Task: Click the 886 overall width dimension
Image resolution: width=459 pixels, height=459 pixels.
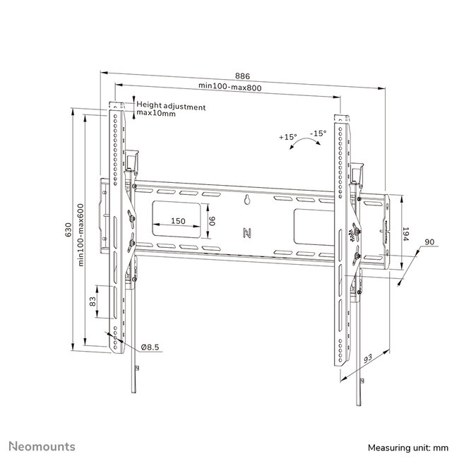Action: click(x=242, y=76)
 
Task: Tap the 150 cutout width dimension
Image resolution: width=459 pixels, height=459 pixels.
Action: click(x=179, y=221)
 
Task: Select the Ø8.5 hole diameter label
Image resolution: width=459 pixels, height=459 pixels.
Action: click(x=149, y=347)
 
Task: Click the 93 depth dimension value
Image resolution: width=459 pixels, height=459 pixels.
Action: click(x=367, y=362)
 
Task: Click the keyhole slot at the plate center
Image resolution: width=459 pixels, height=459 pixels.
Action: click(x=247, y=201)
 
